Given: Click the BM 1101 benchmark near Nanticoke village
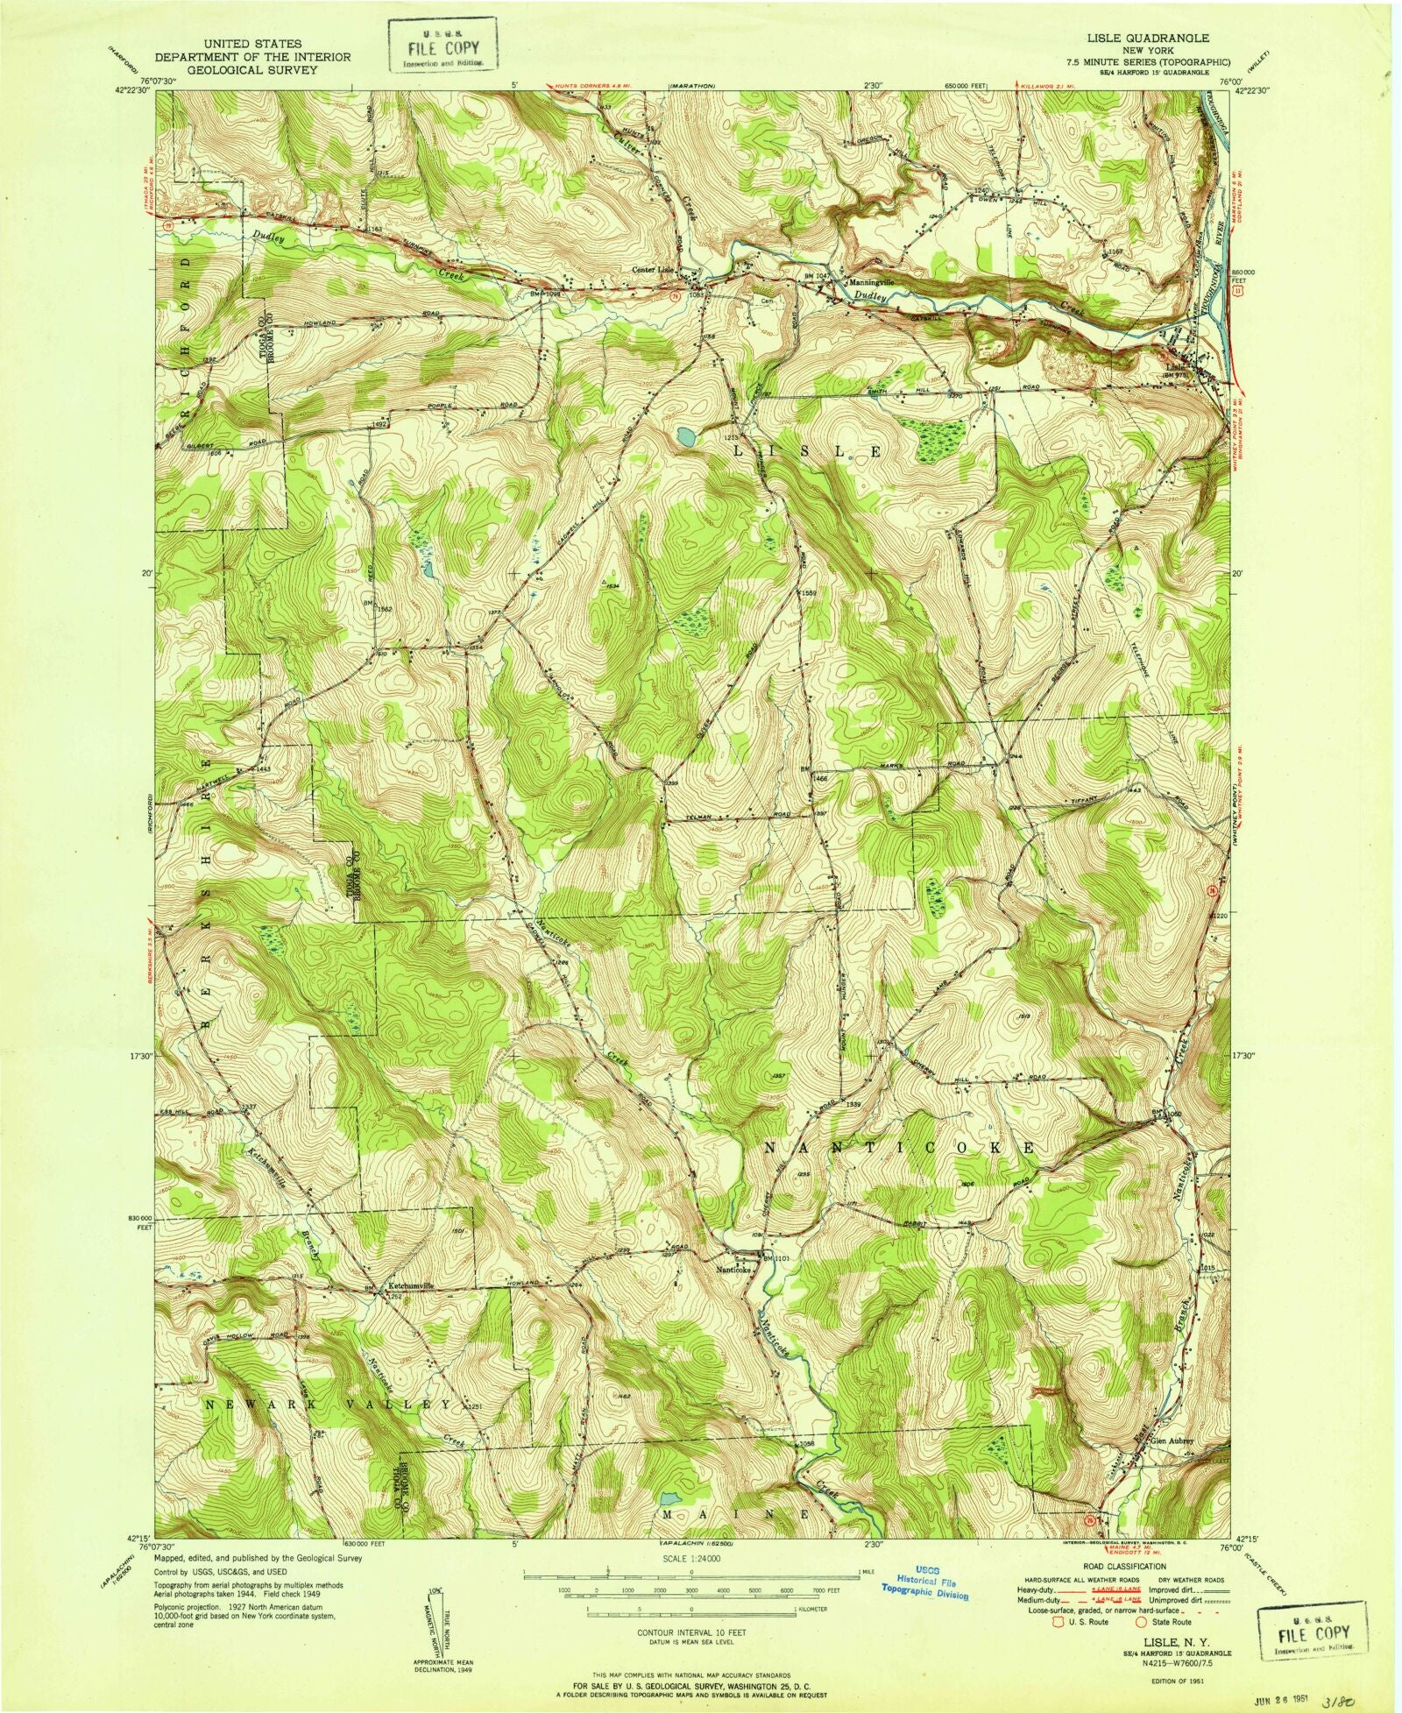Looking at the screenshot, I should tap(776, 1258).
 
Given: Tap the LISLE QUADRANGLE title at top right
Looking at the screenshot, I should tap(1162, 39).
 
